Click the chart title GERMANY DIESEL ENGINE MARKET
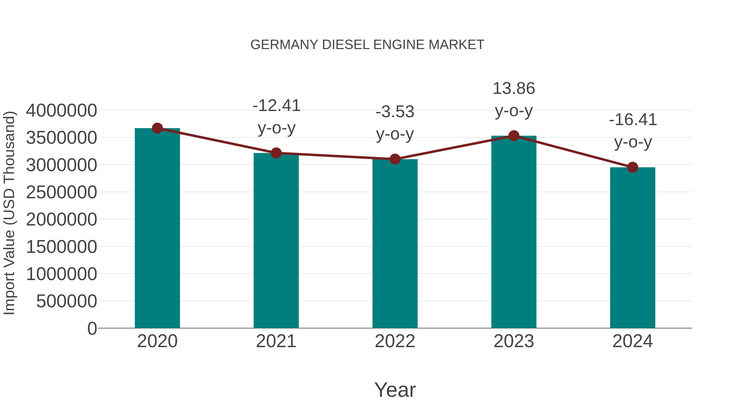[x=367, y=45]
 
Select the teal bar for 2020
[x=157, y=229]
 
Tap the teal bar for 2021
[x=276, y=241]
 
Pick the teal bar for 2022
[x=395, y=244]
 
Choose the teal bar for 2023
[x=514, y=233]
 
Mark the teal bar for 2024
[x=633, y=249]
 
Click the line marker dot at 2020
[x=157, y=128]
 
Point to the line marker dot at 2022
[x=395, y=159]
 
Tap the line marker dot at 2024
[x=633, y=167]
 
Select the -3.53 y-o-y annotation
[x=395, y=123]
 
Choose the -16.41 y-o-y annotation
[x=633, y=131]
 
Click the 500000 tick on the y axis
[x=67, y=301]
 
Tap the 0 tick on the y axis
[x=92, y=328]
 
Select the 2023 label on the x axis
[x=514, y=341]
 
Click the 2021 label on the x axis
[x=276, y=341]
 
